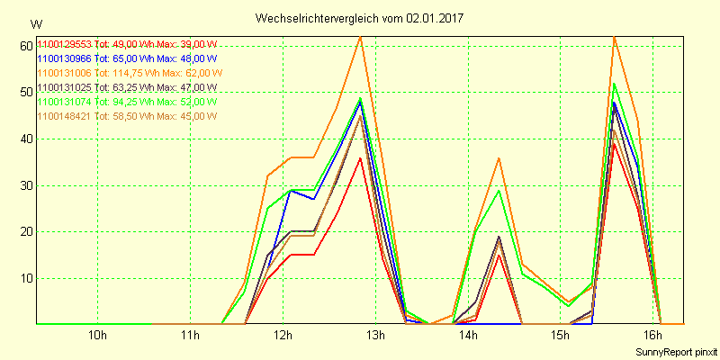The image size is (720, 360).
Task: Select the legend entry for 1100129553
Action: (127, 44)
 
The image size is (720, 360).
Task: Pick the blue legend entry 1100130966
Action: (127, 58)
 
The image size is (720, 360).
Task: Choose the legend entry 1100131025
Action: (127, 87)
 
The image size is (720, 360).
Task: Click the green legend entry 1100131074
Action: (127, 102)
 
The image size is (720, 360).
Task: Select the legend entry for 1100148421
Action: (127, 116)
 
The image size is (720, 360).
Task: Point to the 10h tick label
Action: (98, 337)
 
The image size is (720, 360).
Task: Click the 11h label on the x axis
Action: (191, 337)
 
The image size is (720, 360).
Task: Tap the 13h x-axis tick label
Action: (375, 337)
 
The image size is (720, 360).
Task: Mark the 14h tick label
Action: (468, 337)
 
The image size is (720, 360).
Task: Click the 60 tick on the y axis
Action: (25, 46)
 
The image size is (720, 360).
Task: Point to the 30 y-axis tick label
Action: (25, 185)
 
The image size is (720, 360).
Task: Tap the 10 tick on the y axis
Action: (25, 278)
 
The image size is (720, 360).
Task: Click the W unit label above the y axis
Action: (35, 23)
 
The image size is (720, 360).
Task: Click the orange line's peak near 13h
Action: (360, 37)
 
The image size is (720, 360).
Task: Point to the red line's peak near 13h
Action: (360, 157)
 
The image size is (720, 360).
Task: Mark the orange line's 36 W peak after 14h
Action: (499, 157)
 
